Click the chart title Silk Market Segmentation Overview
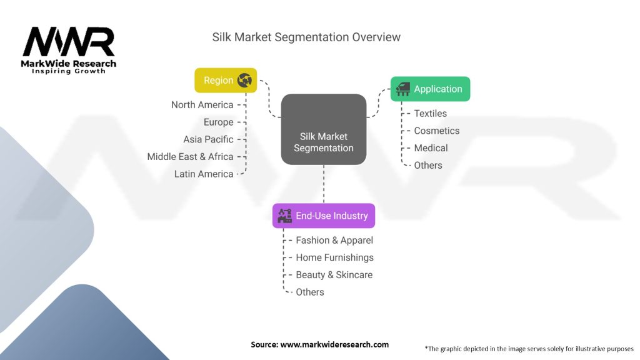pyautogui.click(x=306, y=37)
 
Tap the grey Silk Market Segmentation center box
pyautogui.click(x=323, y=130)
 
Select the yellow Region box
pyautogui.click(x=226, y=80)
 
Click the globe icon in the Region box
pyautogui.click(x=244, y=80)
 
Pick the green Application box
pyautogui.click(x=430, y=89)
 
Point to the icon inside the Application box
pyautogui.click(x=403, y=89)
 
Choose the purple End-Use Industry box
pyautogui.click(x=323, y=216)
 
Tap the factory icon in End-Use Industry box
pyautogui.click(x=286, y=216)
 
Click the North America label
pyautogui.click(x=202, y=105)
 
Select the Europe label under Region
pyautogui.click(x=218, y=122)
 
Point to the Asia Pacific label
pyautogui.click(x=208, y=139)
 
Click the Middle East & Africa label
pyautogui.click(x=190, y=156)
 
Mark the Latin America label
pyautogui.click(x=204, y=174)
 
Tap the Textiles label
pyautogui.click(x=430, y=113)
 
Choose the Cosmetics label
pyautogui.click(x=436, y=131)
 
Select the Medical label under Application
pyautogui.click(x=431, y=148)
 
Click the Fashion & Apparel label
pyautogui.click(x=334, y=240)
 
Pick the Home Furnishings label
pyautogui.click(x=334, y=257)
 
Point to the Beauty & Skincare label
pyautogui.click(x=334, y=275)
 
